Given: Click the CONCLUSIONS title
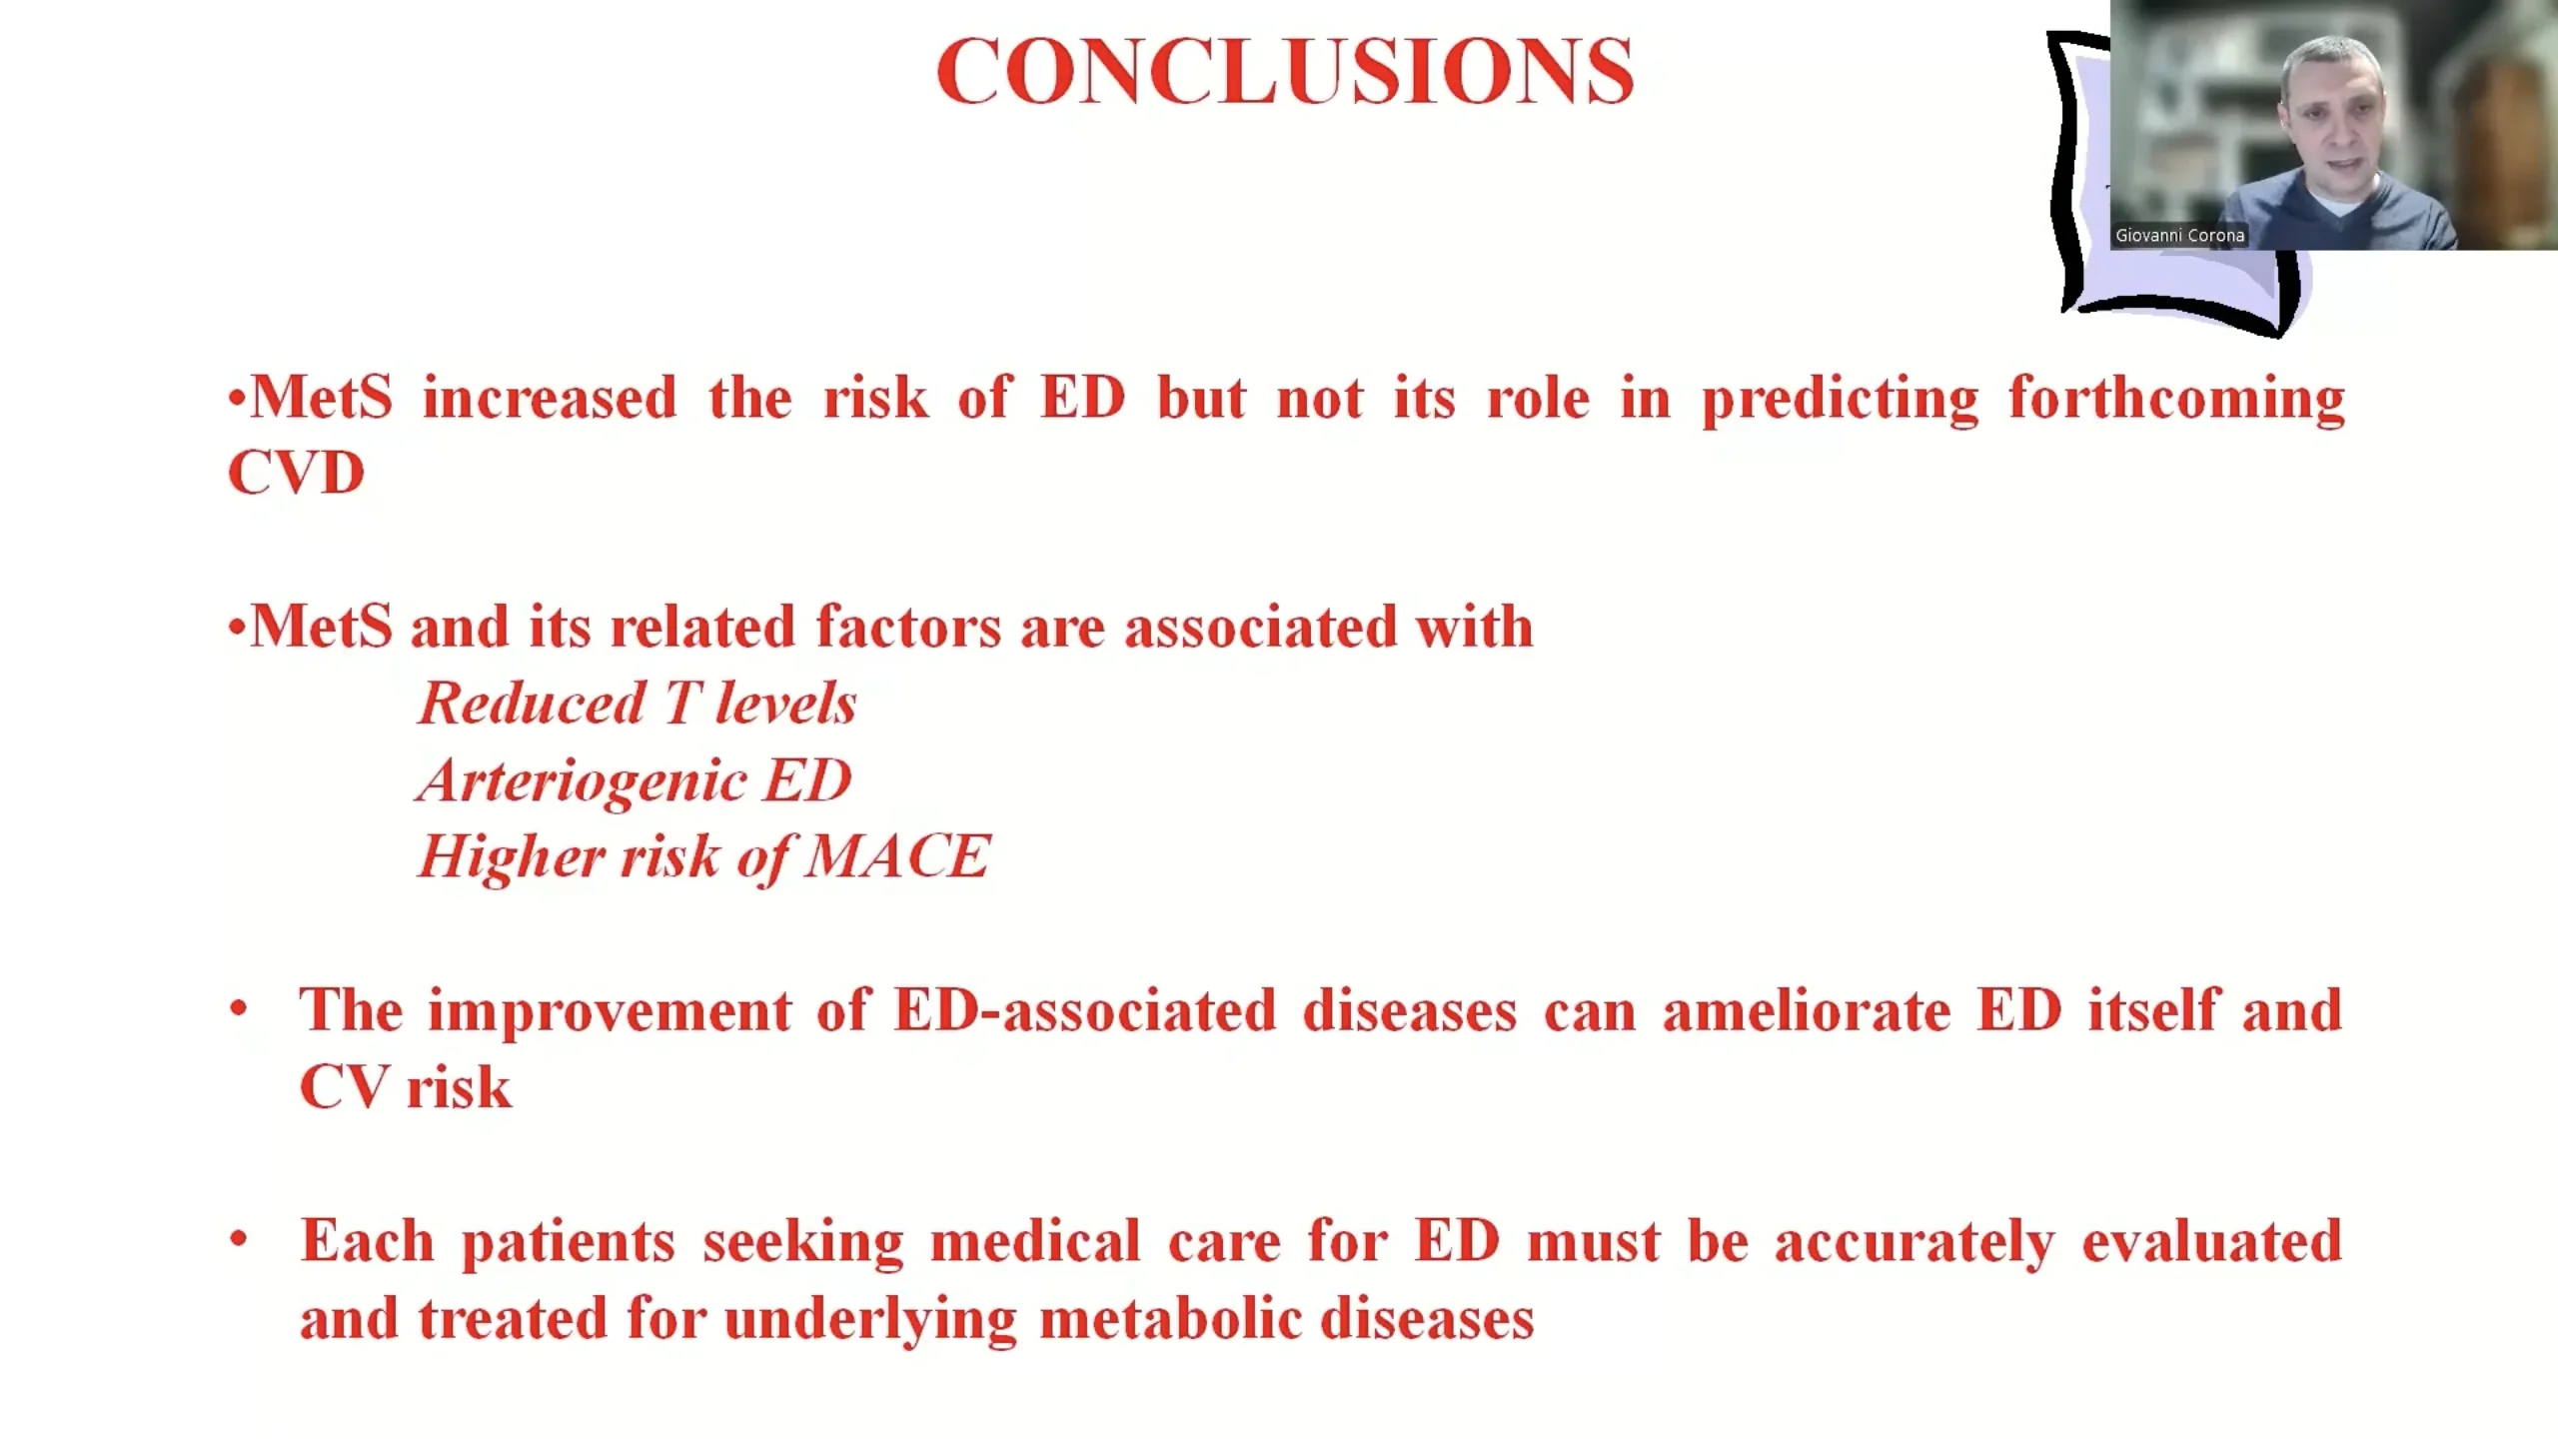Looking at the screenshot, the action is (1285, 71).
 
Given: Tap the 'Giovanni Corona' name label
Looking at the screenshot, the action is (2179, 236).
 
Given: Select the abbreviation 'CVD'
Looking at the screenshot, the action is (297, 472).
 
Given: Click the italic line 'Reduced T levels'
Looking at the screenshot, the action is (638, 703).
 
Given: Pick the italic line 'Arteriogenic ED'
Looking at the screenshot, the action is (635, 779).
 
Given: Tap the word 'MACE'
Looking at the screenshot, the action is (897, 856).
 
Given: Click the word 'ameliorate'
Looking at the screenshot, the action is (1807, 1010).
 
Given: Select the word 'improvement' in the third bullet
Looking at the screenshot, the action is (610, 1012).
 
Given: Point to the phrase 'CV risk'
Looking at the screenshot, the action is (406, 1087).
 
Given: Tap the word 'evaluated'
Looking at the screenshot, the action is (2212, 1241).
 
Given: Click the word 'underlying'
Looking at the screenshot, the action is (870, 1320).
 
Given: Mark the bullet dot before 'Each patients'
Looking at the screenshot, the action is (238, 1239).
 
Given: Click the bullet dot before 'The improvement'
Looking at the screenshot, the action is (238, 1008).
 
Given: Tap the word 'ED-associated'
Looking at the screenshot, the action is (1085, 1010).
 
